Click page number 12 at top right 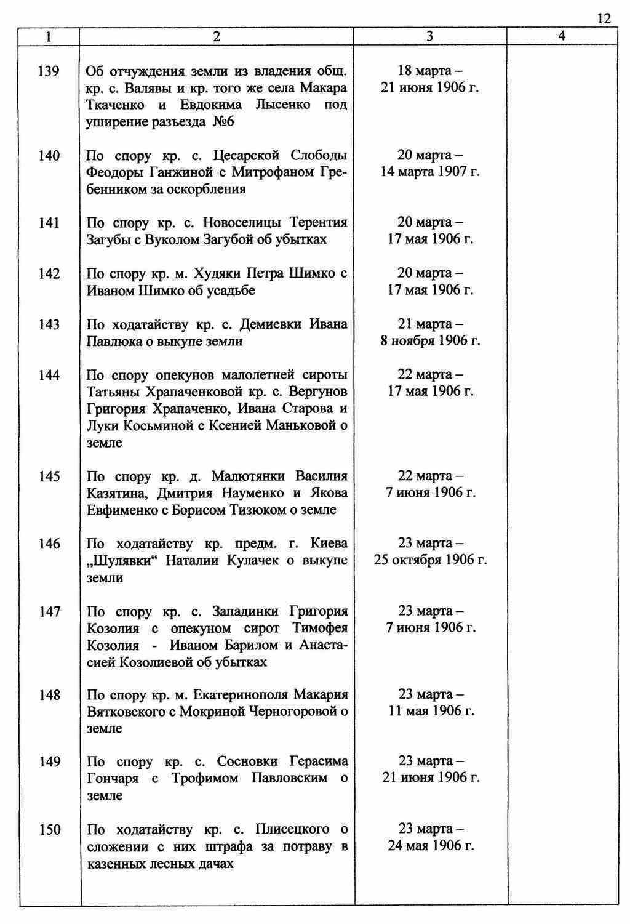click(604, 18)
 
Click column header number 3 click(429, 36)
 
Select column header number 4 click(562, 36)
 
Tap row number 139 click(49, 72)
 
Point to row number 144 click(49, 375)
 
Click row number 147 click(49, 611)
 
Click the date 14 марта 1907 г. click(430, 172)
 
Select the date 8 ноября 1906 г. click(430, 341)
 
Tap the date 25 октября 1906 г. click(430, 561)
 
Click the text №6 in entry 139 click(223, 122)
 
